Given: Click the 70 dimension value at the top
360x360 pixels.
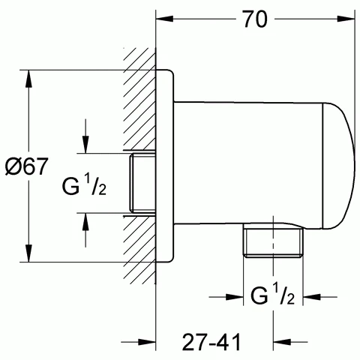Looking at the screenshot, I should [256, 21].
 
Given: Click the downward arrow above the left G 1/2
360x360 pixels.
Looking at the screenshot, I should [86, 145].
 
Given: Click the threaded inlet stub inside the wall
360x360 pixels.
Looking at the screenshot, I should [141, 183].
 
